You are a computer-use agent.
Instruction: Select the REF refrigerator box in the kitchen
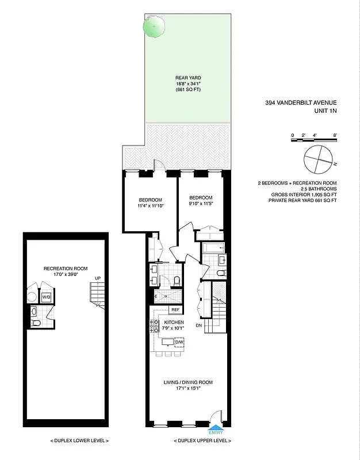click(175, 310)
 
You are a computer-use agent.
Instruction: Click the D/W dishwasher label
click(179, 343)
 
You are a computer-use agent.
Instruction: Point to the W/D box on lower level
click(46, 297)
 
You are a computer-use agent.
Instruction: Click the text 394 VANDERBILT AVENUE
click(301, 103)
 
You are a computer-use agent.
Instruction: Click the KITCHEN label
click(174, 323)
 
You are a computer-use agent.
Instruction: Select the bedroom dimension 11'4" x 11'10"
click(151, 206)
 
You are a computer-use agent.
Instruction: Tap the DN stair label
click(199, 325)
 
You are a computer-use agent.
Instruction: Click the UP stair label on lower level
click(98, 279)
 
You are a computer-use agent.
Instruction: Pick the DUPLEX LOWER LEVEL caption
click(80, 441)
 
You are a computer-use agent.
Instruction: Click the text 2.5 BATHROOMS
click(317, 189)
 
